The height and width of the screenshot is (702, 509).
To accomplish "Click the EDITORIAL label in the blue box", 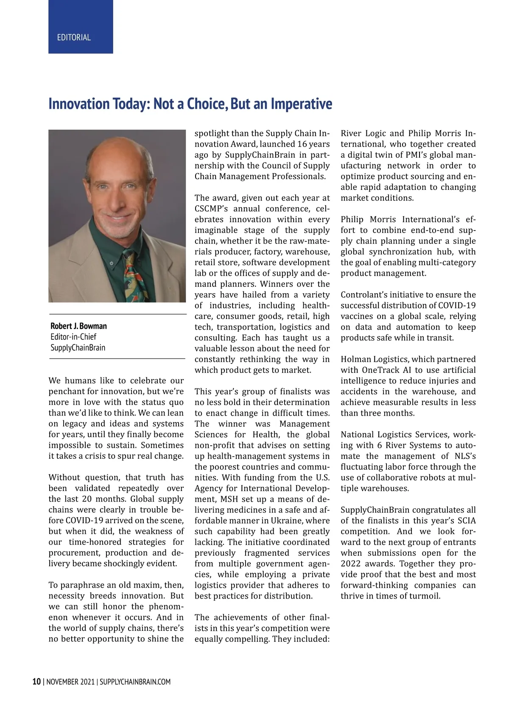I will pyautogui.click(x=74, y=37).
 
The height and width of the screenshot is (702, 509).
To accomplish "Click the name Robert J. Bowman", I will pyautogui.click(x=78, y=326).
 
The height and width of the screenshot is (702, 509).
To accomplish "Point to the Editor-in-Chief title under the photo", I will pyautogui.click(x=73, y=337).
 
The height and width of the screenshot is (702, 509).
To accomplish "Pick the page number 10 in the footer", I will pyautogui.click(x=36, y=682).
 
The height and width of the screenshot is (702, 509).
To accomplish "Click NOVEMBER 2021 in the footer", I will pyautogui.click(x=70, y=682).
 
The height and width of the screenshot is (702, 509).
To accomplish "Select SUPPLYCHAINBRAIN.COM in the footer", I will pyautogui.click(x=135, y=682).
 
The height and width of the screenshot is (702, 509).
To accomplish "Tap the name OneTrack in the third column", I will pyautogui.click(x=379, y=370).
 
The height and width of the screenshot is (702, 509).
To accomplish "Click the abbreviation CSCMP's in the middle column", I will pyautogui.click(x=210, y=209).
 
